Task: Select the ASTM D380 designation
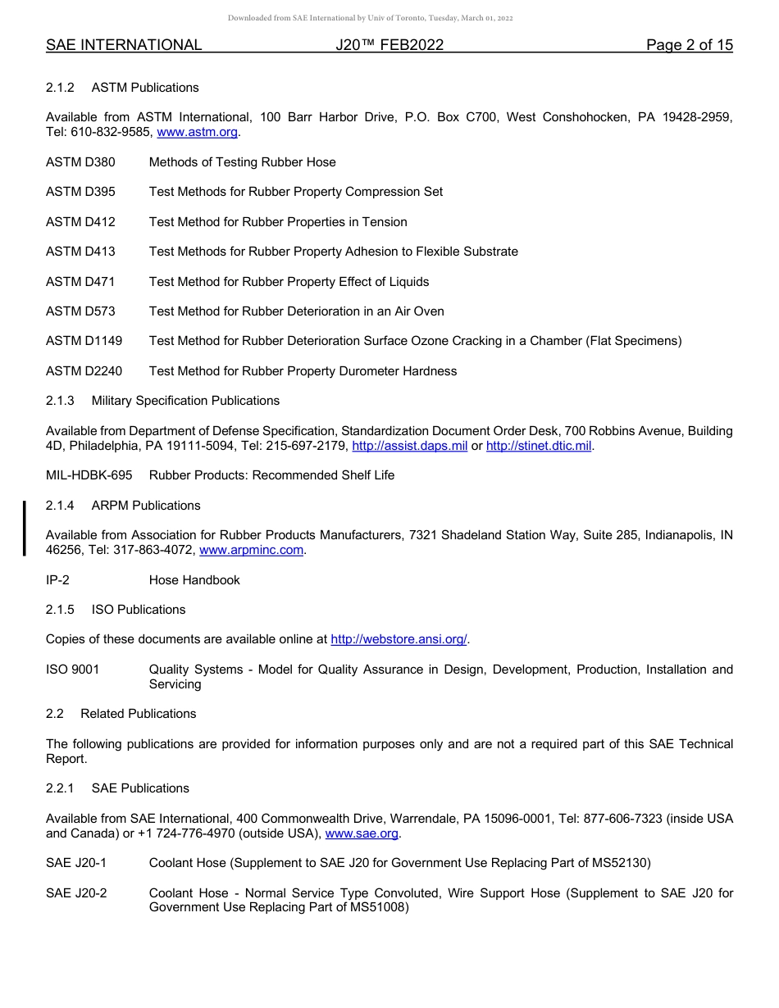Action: (80, 162)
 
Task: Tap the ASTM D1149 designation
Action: (84, 341)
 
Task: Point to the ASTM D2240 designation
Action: (84, 371)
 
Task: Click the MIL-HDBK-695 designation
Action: (89, 475)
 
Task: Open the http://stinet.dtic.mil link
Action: (538, 446)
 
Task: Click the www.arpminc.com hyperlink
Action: (251, 550)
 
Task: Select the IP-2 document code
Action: (57, 580)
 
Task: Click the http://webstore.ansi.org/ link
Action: (399, 639)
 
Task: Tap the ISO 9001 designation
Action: (72, 670)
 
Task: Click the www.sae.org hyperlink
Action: (362, 833)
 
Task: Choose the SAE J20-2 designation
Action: (76, 893)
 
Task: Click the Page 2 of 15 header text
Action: (689, 45)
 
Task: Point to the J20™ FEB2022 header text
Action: (389, 45)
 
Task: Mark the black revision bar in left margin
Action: (25, 529)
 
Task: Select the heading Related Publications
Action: (138, 714)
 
